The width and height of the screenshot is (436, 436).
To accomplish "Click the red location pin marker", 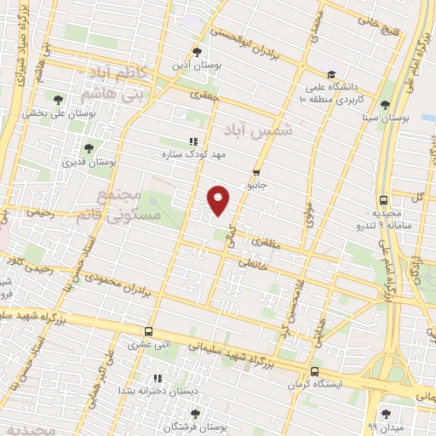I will click(x=219, y=199).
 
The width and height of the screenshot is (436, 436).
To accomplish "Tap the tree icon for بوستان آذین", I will click(x=198, y=51).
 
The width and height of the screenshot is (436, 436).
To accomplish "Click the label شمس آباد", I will click(x=258, y=129).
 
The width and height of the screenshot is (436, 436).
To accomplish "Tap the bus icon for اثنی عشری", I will click(x=149, y=331).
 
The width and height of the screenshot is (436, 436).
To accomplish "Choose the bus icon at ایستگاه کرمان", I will click(x=315, y=371).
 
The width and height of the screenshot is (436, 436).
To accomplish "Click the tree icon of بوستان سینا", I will click(x=386, y=105).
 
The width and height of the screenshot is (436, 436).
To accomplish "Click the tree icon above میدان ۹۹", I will click(x=386, y=412).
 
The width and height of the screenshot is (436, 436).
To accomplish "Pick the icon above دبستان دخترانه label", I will click(x=157, y=377).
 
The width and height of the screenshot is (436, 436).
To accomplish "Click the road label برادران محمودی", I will click(x=126, y=284).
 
